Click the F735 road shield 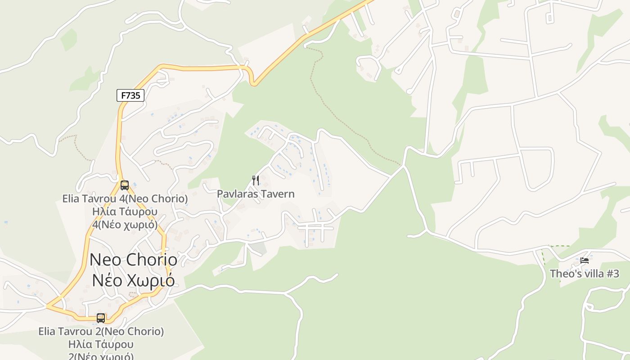[x=130, y=95]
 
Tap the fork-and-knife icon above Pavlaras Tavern [x=256, y=180]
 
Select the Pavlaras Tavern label [x=256, y=194]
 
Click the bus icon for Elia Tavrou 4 [x=125, y=185]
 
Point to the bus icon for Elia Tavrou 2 [x=101, y=318]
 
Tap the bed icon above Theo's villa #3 [x=585, y=260]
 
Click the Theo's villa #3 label [x=585, y=274]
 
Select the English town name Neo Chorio [x=133, y=260]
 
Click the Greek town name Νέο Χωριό [x=133, y=280]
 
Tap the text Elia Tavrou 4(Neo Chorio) [x=125, y=198]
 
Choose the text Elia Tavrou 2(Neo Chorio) [x=101, y=332]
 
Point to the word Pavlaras [x=236, y=194]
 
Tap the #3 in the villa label [x=613, y=274]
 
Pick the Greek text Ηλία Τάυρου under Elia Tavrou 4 [x=125, y=211]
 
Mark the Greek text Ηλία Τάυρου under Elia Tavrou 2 [x=101, y=345]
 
